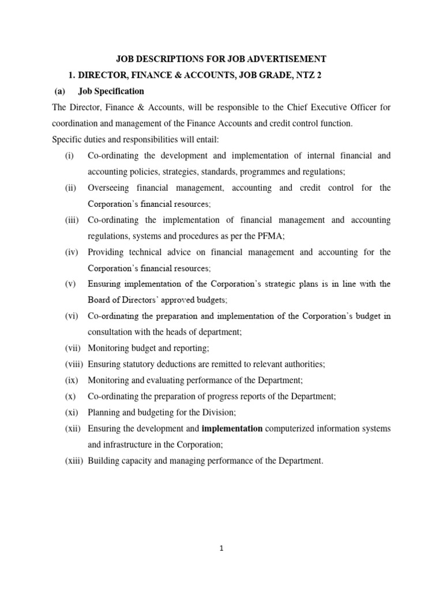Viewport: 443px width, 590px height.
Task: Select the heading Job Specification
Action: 115,91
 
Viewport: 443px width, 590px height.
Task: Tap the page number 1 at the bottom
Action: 222,549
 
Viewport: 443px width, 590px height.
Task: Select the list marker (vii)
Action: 74,348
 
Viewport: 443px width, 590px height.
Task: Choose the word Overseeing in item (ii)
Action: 110,188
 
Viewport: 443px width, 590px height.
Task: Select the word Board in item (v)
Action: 99,300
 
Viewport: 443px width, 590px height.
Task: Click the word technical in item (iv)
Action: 145,252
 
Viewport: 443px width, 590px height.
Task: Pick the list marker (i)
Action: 70,156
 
